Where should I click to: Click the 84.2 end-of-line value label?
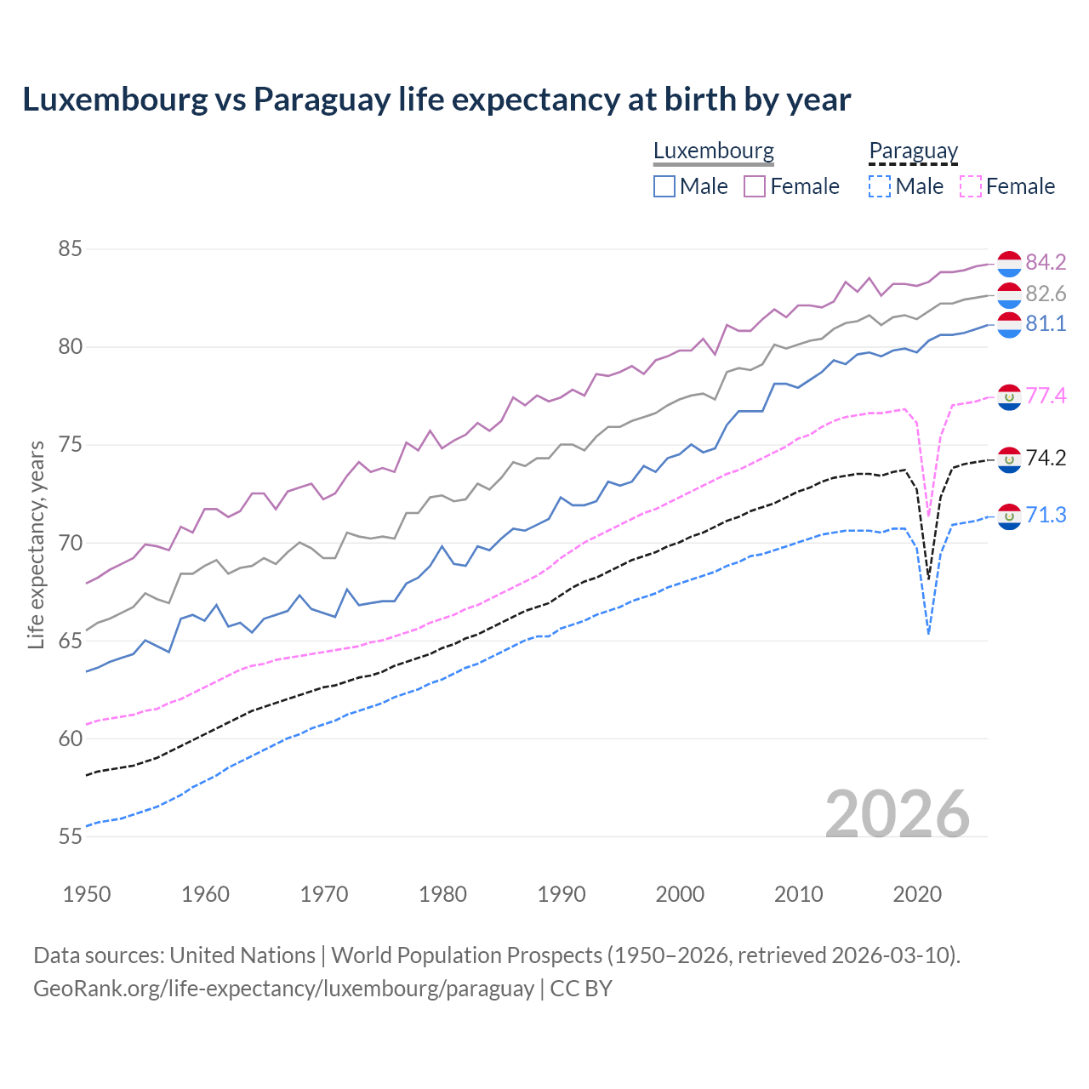1046,262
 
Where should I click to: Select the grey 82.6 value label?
1046,294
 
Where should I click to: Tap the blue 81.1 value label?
1046,324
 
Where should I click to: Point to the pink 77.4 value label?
1046,396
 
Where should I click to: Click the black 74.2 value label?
1046,459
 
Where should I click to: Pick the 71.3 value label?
1046,516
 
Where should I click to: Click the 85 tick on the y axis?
70,249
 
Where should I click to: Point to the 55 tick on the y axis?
70,836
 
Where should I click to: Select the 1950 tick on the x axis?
87,894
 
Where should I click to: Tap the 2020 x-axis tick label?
917,894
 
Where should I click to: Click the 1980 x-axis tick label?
442,894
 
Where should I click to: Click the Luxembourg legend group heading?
713,151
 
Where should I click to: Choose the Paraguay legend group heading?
913,151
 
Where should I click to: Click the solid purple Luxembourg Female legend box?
755,186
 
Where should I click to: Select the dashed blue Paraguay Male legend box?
880,186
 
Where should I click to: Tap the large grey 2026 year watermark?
897,814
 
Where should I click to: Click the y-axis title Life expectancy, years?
36,544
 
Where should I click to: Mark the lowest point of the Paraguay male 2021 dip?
928,634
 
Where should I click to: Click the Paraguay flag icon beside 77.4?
1009,396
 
